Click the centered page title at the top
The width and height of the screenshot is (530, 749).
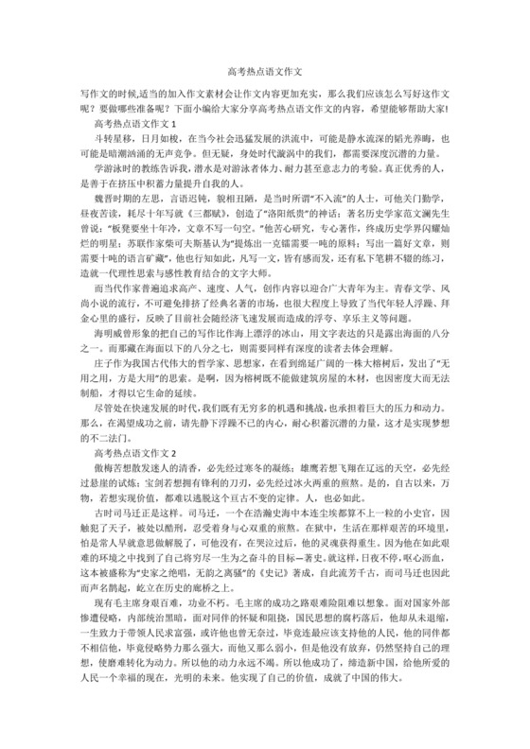pyautogui.click(x=265, y=71)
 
